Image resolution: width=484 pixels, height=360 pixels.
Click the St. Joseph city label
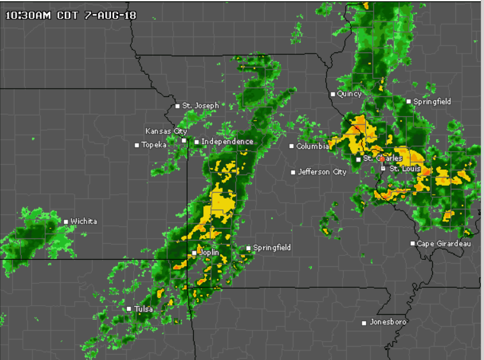coord(200,105)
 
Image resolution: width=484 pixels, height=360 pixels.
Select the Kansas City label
coord(166,131)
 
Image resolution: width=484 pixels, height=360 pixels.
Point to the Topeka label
coord(154,145)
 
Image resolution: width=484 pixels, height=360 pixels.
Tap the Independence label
coord(227,142)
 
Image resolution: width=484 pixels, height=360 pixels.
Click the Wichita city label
coord(84,221)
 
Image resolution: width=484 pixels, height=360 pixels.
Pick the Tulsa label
coord(143,309)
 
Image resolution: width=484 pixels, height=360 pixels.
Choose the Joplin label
coord(209,253)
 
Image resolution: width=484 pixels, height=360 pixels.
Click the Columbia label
coord(312,146)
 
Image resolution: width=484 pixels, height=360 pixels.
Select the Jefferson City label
coord(322,172)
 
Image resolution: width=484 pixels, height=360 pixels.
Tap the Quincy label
coord(349,94)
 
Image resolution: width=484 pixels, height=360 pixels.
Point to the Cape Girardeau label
coord(444,243)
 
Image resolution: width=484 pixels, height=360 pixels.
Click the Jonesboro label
coord(388,322)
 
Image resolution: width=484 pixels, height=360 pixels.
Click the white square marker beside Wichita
coord(66,222)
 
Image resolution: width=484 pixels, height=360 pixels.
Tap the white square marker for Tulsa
coord(129,309)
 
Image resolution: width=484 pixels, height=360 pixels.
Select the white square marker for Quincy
coord(332,94)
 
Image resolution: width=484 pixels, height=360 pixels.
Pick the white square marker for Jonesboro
coord(364,322)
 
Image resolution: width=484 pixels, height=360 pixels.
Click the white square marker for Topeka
coord(136,146)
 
